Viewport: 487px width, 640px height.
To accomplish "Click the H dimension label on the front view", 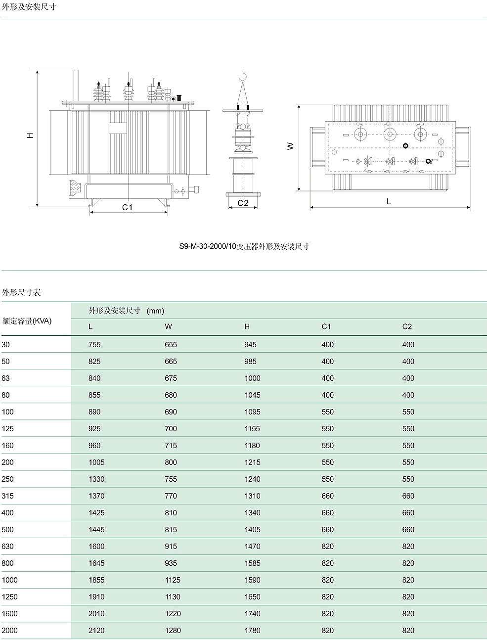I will click(31, 135).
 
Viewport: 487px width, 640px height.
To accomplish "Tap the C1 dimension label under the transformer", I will click(128, 207).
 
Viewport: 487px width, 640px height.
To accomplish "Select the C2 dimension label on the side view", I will click(243, 203).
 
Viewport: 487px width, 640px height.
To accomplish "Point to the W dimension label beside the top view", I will click(290, 146).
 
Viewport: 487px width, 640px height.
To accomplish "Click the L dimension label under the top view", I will click(389, 201).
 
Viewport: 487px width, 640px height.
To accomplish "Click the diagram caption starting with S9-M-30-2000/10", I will click(244, 246).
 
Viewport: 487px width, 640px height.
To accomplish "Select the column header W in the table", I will click(169, 326).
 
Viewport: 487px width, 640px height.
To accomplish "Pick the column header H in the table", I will click(247, 326).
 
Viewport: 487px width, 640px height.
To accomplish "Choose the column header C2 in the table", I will click(407, 326).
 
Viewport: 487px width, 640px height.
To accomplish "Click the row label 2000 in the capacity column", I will click(9, 630).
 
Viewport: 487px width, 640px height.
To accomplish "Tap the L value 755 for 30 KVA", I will click(94, 345).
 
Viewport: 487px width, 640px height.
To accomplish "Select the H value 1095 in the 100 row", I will click(252, 412).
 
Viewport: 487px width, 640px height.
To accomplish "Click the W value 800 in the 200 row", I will click(171, 462).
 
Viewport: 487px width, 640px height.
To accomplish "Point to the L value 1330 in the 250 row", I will click(96, 479).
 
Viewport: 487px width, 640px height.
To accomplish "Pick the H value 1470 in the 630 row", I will click(252, 547).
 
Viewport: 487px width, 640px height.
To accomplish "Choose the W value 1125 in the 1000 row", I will click(173, 580).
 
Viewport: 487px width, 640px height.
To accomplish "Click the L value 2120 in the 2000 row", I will click(96, 631).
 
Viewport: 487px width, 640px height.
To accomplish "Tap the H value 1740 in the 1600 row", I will click(252, 614).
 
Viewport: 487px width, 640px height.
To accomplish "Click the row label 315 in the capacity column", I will click(8, 496).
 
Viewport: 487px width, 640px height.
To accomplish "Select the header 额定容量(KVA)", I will click(27, 321).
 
